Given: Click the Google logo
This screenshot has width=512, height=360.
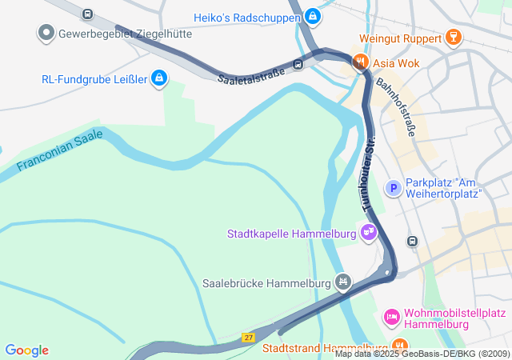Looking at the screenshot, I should (27, 350).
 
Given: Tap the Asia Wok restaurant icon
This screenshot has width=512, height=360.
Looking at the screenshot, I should (360, 60).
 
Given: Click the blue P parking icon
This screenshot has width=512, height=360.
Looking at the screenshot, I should (393, 188).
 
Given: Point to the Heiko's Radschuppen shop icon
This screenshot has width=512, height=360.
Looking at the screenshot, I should (313, 17).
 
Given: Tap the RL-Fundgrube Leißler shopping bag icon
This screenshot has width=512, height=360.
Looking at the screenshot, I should (159, 78).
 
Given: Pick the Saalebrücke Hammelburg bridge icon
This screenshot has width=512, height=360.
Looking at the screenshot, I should (343, 281).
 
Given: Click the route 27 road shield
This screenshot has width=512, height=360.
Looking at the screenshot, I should (249, 337).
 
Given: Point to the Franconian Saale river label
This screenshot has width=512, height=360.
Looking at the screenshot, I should (61, 152).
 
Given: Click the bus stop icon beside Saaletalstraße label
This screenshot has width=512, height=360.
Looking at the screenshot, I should (298, 65).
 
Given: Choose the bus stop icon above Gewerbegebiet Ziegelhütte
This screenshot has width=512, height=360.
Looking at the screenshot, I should (87, 14).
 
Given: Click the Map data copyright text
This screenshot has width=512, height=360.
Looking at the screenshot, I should (422, 354).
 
